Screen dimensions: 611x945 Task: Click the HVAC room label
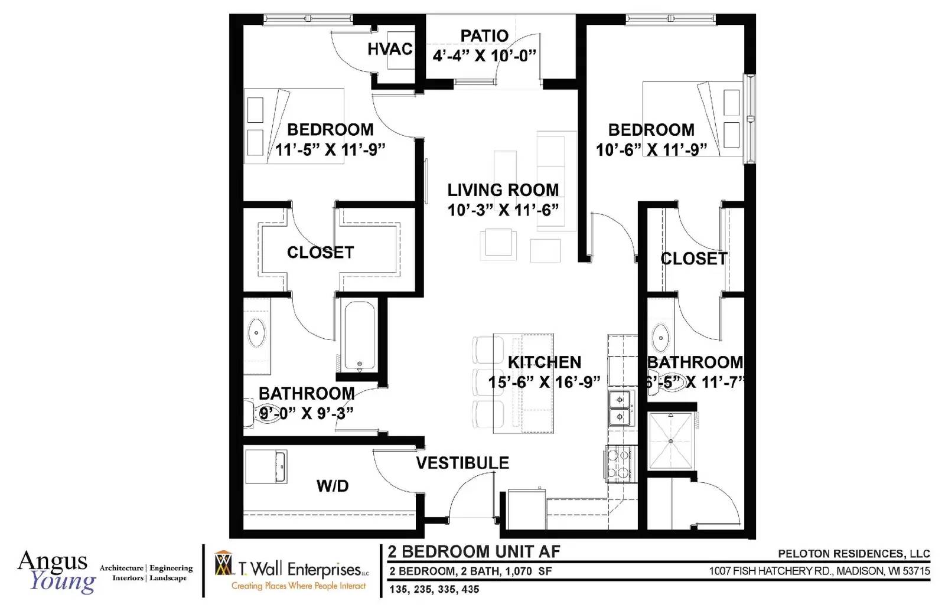(389, 49)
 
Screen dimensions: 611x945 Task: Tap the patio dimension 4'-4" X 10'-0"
(484, 56)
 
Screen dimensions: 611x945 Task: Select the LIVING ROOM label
(503, 190)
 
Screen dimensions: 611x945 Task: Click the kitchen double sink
(620, 408)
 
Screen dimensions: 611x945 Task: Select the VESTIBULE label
(462, 463)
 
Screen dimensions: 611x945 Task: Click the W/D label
(333, 486)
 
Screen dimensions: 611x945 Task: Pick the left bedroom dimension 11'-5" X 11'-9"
(330, 150)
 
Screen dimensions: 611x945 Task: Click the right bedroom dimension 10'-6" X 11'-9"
(651, 150)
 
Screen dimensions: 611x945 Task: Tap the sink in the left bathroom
(257, 334)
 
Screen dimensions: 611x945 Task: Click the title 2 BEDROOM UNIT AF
(474, 552)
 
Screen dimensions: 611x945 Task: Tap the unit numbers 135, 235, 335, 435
(434, 589)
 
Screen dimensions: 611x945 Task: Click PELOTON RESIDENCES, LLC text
(853, 554)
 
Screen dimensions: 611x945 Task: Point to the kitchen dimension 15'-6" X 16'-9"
(544, 383)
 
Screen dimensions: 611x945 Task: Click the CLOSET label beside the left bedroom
(320, 253)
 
